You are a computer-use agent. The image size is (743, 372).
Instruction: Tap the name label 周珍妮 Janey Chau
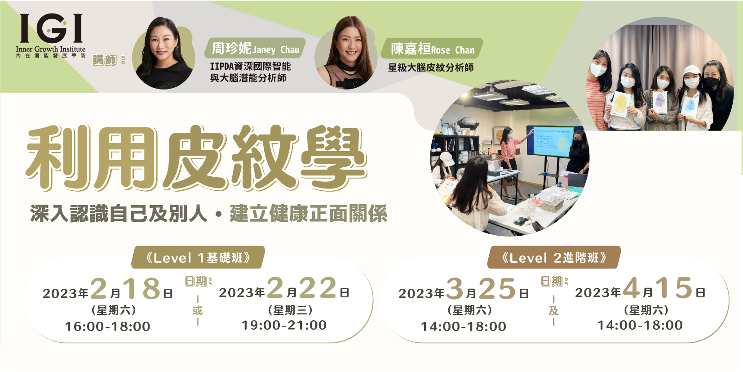(x=255, y=49)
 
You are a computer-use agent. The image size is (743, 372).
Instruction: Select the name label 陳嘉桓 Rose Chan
(x=432, y=49)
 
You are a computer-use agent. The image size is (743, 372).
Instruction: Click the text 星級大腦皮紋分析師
(x=431, y=67)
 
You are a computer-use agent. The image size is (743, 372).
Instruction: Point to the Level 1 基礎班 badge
(x=198, y=257)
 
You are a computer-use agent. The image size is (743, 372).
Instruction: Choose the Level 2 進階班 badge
(x=554, y=257)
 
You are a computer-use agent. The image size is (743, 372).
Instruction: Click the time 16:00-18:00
(x=108, y=327)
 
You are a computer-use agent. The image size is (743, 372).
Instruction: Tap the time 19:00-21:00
(x=284, y=325)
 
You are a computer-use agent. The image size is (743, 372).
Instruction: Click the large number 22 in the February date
(x=318, y=287)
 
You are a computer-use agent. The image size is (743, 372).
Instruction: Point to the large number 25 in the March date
(x=498, y=288)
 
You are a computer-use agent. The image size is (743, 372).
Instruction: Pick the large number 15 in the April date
(x=674, y=287)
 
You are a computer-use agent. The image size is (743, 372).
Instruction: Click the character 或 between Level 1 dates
(x=197, y=311)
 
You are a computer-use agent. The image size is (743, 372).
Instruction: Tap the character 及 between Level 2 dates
(x=553, y=311)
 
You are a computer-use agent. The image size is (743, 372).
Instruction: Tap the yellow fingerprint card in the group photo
(x=620, y=104)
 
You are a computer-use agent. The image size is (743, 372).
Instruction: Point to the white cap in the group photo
(x=691, y=71)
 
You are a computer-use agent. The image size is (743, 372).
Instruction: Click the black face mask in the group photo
(x=712, y=82)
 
